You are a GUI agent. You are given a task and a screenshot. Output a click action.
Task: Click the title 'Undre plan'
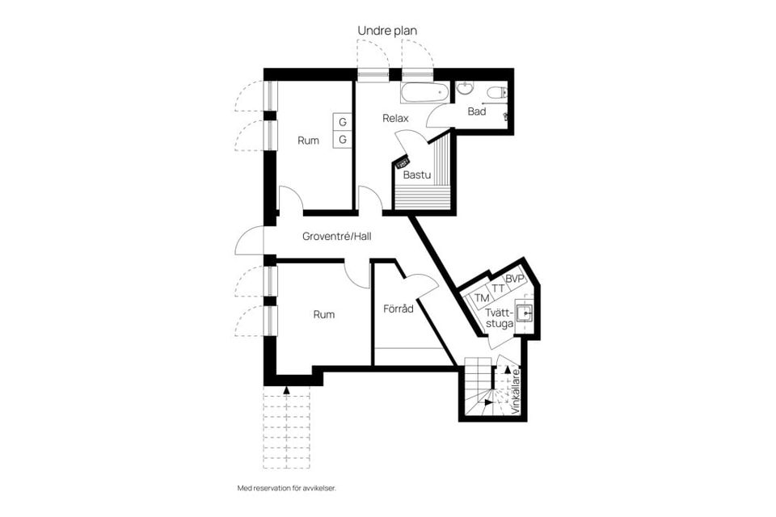click(387, 31)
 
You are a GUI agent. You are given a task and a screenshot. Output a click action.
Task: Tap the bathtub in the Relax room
click(424, 93)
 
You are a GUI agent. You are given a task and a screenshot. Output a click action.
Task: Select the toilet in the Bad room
click(496, 92)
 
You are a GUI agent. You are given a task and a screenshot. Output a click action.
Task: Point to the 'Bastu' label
click(417, 174)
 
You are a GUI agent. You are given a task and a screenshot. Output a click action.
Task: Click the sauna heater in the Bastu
click(403, 162)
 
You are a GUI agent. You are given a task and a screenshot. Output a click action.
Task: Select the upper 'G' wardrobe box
click(342, 122)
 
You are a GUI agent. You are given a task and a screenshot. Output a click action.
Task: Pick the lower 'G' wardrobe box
click(342, 140)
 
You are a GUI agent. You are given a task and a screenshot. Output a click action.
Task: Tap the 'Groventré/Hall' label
click(336, 237)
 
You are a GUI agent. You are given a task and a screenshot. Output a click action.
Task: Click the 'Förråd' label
click(398, 309)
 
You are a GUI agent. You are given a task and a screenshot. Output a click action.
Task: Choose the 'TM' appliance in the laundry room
click(481, 298)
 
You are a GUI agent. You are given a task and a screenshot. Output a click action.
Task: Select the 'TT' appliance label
click(499, 288)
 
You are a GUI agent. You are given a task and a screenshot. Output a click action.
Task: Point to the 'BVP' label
click(515, 280)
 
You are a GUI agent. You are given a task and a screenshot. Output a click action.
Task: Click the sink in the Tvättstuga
click(524, 313)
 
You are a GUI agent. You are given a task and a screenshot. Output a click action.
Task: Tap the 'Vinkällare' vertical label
click(516, 391)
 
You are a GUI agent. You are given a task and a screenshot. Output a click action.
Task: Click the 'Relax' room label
click(395, 118)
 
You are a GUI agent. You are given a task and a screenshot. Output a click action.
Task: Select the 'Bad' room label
click(477, 111)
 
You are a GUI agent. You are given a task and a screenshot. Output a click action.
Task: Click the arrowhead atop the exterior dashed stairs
click(286, 390)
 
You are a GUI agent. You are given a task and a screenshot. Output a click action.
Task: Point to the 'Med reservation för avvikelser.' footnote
click(286, 488)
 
